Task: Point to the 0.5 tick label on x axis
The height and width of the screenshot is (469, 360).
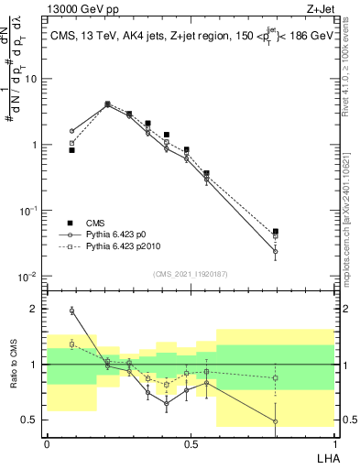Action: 190,443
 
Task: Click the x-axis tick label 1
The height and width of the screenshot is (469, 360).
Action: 333,443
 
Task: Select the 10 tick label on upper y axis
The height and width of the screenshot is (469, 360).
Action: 33,79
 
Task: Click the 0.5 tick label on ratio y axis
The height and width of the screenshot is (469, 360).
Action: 33,420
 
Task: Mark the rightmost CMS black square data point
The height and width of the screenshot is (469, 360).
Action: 276,232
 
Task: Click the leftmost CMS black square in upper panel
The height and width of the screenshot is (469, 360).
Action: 71,150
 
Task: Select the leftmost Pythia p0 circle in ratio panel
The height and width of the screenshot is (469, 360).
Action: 71,311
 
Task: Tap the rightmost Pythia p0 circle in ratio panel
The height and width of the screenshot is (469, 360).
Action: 276,421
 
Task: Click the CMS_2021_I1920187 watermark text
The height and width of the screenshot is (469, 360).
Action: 190,274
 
